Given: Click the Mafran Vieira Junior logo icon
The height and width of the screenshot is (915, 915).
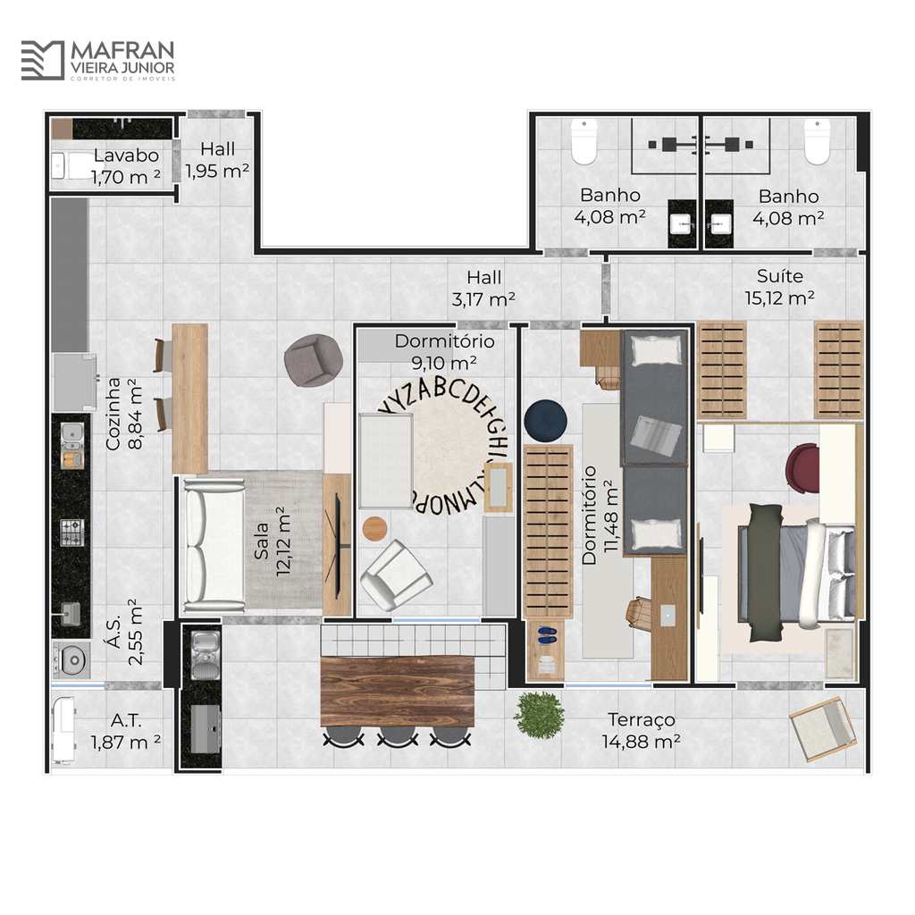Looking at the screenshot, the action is click(43, 60).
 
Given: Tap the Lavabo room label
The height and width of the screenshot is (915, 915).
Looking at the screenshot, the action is click(126, 155).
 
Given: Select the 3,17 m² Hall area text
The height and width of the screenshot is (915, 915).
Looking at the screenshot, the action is click(483, 299).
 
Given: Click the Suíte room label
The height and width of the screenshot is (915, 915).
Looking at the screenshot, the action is click(779, 276).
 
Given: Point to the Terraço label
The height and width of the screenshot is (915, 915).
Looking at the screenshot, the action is click(642, 720).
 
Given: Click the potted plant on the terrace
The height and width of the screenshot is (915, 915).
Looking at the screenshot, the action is click(539, 714).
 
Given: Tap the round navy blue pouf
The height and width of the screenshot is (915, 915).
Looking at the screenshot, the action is click(546, 420).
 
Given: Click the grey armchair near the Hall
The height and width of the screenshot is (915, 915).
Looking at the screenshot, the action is click(314, 360).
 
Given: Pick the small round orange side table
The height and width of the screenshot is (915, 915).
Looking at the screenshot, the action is click(374, 528).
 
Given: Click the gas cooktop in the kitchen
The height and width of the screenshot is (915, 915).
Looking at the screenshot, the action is click(72, 533).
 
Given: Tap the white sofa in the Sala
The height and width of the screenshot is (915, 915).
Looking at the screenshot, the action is click(214, 546).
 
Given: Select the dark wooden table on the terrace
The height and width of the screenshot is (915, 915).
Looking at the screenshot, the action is click(397, 692).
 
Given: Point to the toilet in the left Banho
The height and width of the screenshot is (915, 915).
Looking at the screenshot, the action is click(583, 141).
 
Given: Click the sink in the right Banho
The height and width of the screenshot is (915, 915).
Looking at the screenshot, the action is click(720, 223).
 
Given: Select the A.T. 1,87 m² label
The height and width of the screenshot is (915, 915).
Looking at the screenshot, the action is click(125, 731).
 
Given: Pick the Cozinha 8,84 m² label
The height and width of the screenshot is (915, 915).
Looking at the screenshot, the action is click(124, 414).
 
